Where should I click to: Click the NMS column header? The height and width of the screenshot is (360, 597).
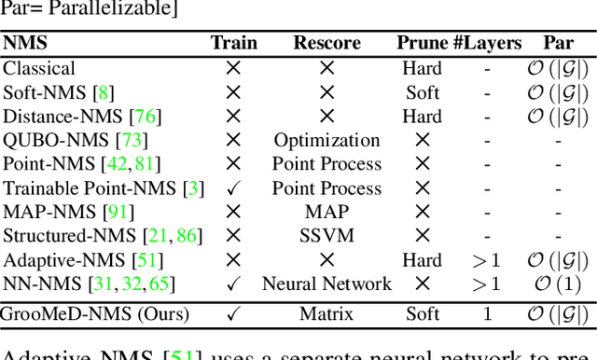click(x=25, y=43)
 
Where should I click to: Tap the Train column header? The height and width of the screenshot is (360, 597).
click(x=233, y=43)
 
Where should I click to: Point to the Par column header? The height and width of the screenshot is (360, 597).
click(x=559, y=43)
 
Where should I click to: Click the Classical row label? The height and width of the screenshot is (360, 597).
click(x=39, y=68)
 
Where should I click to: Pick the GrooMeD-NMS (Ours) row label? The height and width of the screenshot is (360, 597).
click(x=96, y=313)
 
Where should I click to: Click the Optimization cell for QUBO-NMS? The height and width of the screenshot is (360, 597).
click(x=326, y=141)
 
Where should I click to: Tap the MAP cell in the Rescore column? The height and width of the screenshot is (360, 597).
click(x=326, y=213)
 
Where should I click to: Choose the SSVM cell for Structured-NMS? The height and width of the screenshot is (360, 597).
click(x=326, y=236)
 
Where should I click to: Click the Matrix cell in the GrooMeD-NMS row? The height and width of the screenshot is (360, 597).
click(x=326, y=313)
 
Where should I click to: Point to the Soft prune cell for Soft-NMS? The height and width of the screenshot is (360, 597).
click(x=423, y=92)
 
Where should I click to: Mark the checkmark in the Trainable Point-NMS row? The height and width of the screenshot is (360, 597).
click(x=233, y=188)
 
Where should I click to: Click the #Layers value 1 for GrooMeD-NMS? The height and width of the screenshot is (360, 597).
click(x=487, y=313)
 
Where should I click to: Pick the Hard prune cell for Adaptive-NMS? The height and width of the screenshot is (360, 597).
click(x=423, y=260)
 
